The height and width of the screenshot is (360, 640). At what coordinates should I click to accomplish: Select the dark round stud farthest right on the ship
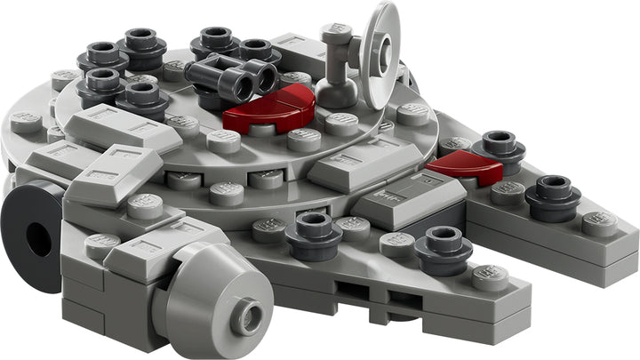click(x=554, y=195)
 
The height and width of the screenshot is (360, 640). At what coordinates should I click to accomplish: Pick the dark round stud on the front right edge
click(x=442, y=247)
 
